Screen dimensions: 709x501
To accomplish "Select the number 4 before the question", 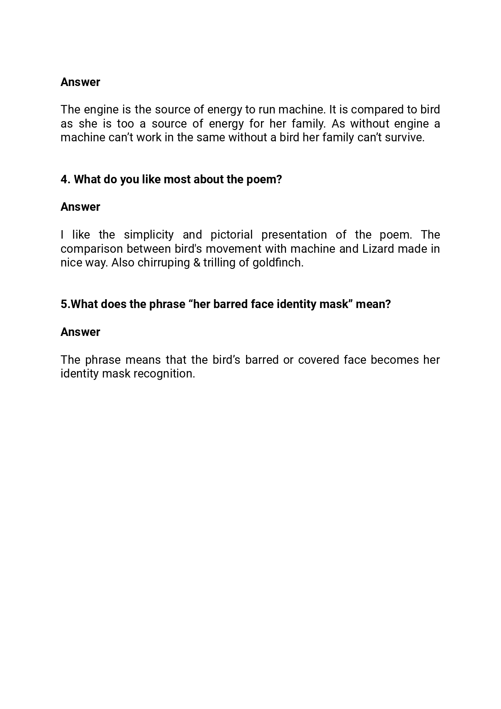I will click(65, 179).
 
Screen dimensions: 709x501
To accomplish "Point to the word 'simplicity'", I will click(149, 235).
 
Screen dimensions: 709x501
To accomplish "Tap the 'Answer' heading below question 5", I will click(80, 332).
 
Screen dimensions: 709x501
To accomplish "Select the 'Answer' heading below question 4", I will click(80, 207).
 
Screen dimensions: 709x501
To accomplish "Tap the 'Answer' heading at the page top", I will click(80, 82).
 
